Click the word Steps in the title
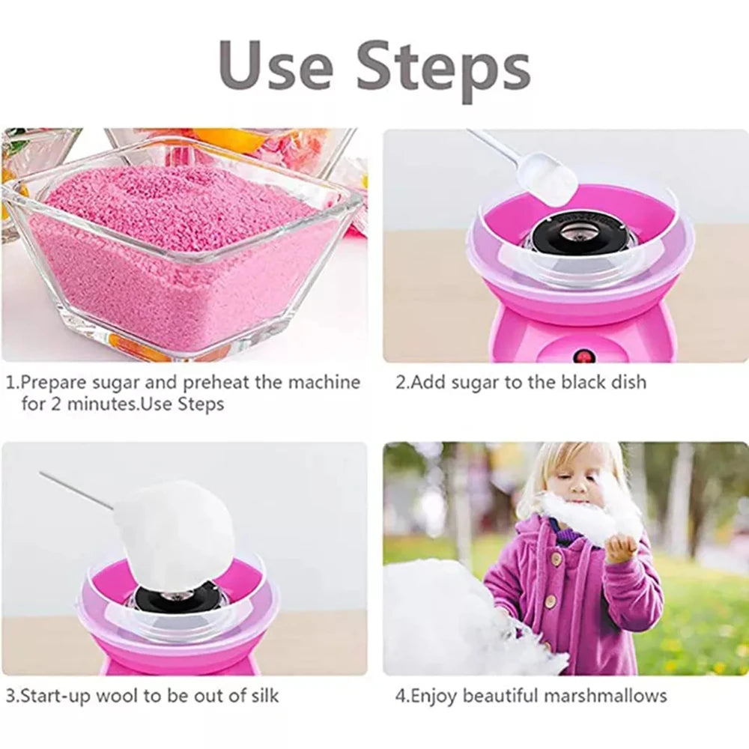tap(443, 67)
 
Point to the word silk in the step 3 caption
tap(261, 695)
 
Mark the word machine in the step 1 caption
tap(323, 382)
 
